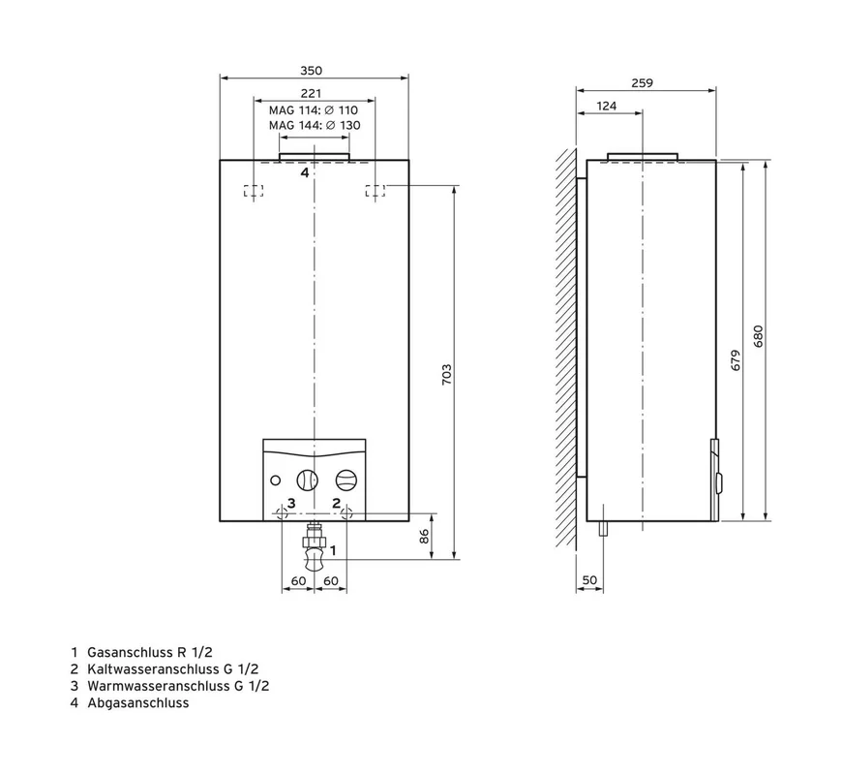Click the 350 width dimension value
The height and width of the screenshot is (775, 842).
pyautogui.click(x=311, y=71)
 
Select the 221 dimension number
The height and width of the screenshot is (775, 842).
pyautogui.click(x=311, y=94)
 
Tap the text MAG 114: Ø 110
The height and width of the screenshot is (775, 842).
pyautogui.click(x=314, y=110)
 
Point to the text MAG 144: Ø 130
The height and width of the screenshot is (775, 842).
pyautogui.click(x=315, y=125)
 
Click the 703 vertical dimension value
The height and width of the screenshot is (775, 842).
pyautogui.click(x=447, y=375)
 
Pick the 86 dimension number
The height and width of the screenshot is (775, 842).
pyautogui.click(x=424, y=536)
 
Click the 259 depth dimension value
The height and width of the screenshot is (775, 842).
pyautogui.click(x=643, y=82)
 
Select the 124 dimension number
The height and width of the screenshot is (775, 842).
pyautogui.click(x=606, y=106)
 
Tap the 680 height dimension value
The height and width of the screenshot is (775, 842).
pyautogui.click(x=758, y=336)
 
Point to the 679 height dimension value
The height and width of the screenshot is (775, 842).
pyautogui.click(x=736, y=360)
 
